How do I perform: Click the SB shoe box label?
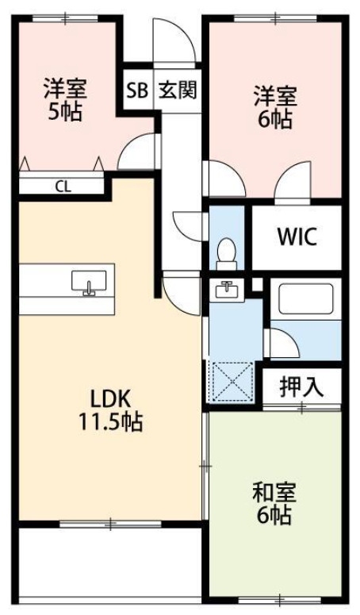click(x=136, y=90)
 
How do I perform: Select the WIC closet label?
click(x=297, y=236)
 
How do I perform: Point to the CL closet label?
click(x=62, y=187)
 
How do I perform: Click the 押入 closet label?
click(x=301, y=387)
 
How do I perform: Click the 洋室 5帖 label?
click(x=64, y=99)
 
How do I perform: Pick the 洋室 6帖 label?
click(x=274, y=107)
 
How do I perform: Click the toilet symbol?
click(x=228, y=252)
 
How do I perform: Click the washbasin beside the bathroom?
click(x=227, y=290)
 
